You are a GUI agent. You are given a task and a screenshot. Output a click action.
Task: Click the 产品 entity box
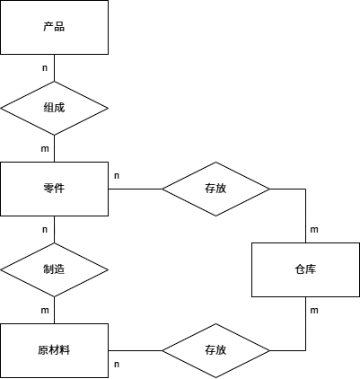pyautogui.click(x=54, y=27)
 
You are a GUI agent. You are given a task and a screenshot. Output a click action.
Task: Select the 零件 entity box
pyautogui.click(x=54, y=189)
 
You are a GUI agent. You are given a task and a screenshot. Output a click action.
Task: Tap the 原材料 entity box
pyautogui.click(x=54, y=349)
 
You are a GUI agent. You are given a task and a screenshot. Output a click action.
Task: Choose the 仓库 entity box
pyautogui.click(x=305, y=269)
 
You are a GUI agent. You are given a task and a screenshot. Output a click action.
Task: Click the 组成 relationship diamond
pyautogui.click(x=54, y=108)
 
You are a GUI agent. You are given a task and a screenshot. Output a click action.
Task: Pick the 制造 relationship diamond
pyautogui.click(x=54, y=269)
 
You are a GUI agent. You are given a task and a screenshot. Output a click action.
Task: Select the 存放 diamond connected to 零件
pyautogui.click(x=215, y=189)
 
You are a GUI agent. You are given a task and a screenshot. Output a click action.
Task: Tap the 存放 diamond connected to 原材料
pyautogui.click(x=215, y=349)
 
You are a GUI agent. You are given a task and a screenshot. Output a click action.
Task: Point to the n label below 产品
pyautogui.click(x=45, y=67)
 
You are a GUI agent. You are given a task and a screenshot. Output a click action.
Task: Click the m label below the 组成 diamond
pyautogui.click(x=45, y=148)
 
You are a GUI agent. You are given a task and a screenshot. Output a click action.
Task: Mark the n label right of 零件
pyautogui.click(x=117, y=175)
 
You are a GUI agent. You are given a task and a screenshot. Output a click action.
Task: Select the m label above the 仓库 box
pyautogui.click(x=314, y=230)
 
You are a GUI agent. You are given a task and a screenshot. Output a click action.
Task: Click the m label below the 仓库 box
pyautogui.click(x=314, y=310)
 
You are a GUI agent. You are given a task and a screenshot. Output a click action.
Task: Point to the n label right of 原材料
pyautogui.click(x=117, y=364)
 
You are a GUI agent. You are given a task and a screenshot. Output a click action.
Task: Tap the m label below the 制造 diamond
pyautogui.click(x=45, y=310)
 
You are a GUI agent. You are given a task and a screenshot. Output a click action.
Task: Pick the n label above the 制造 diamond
pyautogui.click(x=45, y=229)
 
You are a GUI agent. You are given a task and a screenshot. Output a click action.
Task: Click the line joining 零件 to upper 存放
pyautogui.click(x=135, y=189)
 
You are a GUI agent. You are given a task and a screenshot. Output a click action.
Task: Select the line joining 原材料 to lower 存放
pyautogui.click(x=135, y=349)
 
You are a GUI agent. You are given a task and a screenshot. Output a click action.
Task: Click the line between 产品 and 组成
pyautogui.click(x=54, y=67)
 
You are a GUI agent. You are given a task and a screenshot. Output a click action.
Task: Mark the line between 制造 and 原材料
pyautogui.click(x=54, y=310)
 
